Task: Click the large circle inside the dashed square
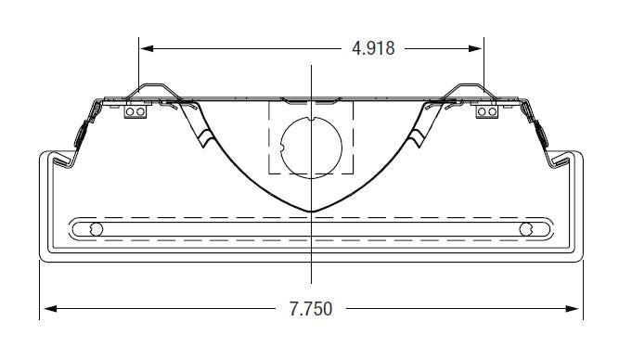[x=311, y=146]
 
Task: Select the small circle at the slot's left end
[x=93, y=229]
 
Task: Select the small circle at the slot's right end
[x=528, y=229]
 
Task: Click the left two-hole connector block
[x=135, y=110]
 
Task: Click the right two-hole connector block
[x=486, y=110]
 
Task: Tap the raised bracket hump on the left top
[x=148, y=89]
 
